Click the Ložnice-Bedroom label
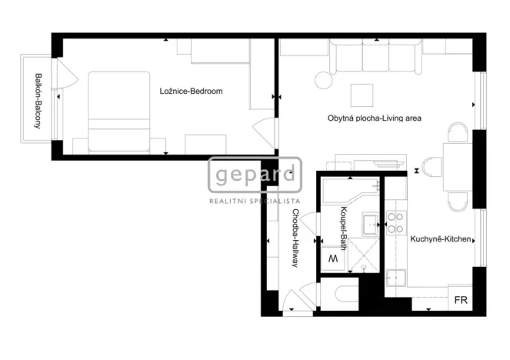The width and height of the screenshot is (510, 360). click(x=192, y=92)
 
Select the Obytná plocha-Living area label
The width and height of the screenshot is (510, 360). click(x=374, y=118)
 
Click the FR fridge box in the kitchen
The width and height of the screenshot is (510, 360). click(x=461, y=299)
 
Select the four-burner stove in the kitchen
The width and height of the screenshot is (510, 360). click(x=395, y=222)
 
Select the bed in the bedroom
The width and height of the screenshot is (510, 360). click(x=119, y=112)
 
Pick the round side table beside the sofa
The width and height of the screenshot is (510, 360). click(x=324, y=79)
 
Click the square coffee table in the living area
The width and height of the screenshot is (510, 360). click(x=362, y=95)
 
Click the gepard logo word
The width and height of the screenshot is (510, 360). click(x=255, y=175)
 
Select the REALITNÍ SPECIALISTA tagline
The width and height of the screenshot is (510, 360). click(x=255, y=201)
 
